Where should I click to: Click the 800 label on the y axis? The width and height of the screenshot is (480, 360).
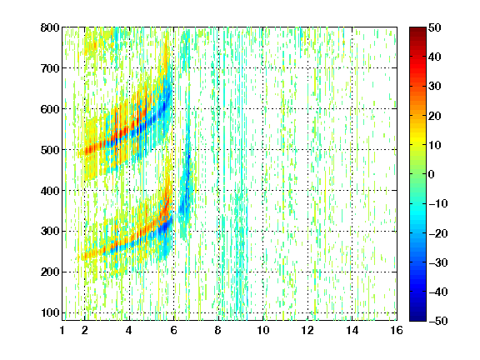(50, 27)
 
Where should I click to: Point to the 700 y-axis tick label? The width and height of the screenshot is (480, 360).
(50, 68)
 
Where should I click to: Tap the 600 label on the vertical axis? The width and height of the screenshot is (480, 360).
(50, 109)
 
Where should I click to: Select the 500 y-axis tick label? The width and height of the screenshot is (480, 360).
(50, 150)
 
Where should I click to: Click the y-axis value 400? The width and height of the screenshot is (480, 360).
(50, 191)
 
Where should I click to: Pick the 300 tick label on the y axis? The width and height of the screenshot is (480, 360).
(50, 232)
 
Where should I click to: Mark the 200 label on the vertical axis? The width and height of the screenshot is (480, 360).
(50, 272)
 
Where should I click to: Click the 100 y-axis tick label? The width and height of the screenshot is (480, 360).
(50, 312)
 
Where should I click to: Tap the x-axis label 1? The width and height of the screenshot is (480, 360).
(62, 330)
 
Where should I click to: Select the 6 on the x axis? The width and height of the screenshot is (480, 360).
(174, 330)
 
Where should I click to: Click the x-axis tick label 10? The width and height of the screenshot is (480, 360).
(262, 330)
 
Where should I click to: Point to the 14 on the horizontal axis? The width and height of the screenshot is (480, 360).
(352, 330)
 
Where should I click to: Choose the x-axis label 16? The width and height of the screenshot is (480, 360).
(397, 330)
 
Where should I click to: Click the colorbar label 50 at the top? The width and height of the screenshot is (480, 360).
(434, 27)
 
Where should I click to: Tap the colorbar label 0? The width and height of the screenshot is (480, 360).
(432, 174)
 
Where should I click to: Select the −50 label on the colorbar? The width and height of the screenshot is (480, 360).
(438, 321)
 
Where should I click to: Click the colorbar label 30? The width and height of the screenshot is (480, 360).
(434, 87)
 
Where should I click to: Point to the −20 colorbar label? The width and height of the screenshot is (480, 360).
(438, 233)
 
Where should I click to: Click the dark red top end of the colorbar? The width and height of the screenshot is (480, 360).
(417, 29)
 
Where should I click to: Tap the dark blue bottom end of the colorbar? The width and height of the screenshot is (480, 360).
(417, 319)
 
